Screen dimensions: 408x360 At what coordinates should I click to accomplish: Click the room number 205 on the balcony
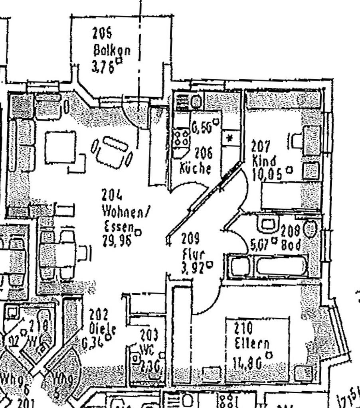pos(102,33)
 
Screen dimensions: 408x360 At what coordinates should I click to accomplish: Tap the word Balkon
pos(111,51)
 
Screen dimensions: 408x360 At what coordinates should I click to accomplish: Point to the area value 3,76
pos(103,67)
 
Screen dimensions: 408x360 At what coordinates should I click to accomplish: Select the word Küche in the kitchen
pos(195,168)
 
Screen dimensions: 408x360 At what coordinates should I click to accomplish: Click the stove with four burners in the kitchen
pos(181,138)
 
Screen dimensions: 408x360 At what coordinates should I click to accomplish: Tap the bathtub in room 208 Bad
pos(281,266)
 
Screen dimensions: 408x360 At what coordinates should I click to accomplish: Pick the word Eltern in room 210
pos(252,343)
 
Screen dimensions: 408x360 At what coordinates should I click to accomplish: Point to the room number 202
pos(99,314)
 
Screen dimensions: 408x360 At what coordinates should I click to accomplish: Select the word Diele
pos(103,329)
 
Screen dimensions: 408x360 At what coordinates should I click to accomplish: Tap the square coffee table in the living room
pos(60,147)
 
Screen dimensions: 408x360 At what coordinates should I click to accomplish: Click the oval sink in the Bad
pos(310,229)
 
